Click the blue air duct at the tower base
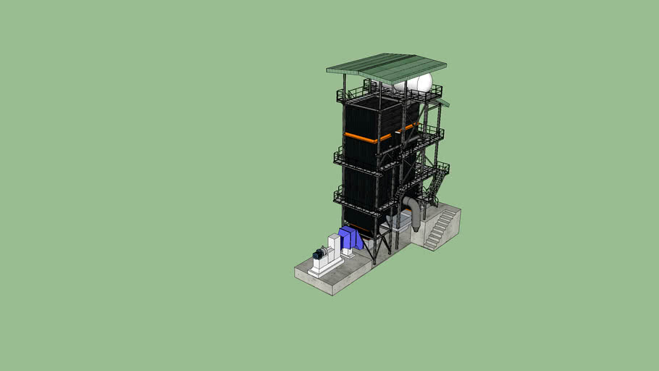tap(351, 238)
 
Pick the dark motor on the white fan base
tap(319, 254)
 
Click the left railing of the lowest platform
tap(338, 194)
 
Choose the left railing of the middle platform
tap(338, 154)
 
